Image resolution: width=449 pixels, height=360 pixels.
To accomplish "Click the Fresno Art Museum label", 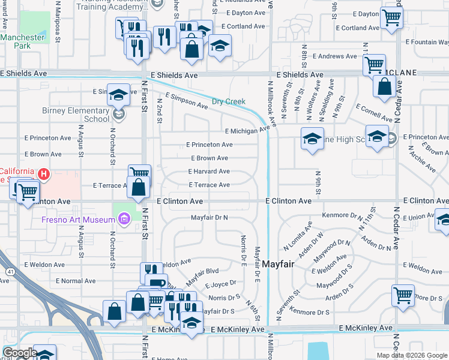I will pos(78,220).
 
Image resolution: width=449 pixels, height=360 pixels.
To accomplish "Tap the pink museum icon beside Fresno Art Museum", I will pos(124,219).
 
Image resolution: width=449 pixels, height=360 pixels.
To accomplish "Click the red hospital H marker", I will pos(43,175).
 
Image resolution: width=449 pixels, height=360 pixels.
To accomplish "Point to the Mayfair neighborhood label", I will pos(278,263).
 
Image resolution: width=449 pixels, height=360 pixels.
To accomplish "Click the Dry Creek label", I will pos(229,101).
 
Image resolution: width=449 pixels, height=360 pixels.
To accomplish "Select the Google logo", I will pos(19,353).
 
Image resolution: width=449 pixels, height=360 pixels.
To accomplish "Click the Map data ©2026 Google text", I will pos(412,355).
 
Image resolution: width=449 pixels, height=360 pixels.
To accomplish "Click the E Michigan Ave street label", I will pos(247,130).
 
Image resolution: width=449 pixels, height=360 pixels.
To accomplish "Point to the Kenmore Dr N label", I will pos(339,214).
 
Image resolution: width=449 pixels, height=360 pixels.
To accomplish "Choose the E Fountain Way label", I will pos(427,42).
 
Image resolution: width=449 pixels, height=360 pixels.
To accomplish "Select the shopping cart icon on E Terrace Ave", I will pos(139,175).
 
